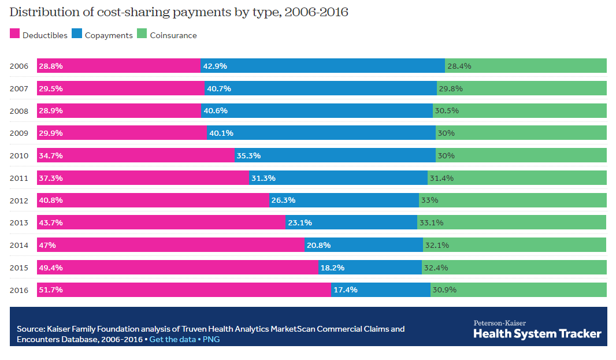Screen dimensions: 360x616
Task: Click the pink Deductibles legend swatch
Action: tap(15, 35)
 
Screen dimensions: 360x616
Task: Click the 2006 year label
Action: tap(19, 66)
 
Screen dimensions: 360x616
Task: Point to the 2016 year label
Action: tap(19, 290)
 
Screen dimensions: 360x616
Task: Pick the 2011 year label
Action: tap(19, 178)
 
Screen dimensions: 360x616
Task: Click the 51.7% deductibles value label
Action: tap(51, 290)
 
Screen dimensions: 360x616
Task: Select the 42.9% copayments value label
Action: tap(215, 66)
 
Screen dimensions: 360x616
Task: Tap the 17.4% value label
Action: tap(346, 290)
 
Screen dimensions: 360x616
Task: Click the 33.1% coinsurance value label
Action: tap(432, 222)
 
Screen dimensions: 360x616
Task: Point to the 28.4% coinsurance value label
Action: tap(459, 66)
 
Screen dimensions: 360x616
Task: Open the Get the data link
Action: tap(172, 339)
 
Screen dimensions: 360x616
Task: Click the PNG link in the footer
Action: tap(211, 339)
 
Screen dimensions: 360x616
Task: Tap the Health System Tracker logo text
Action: tap(537, 333)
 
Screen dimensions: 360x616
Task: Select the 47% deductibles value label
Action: tap(47, 245)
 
